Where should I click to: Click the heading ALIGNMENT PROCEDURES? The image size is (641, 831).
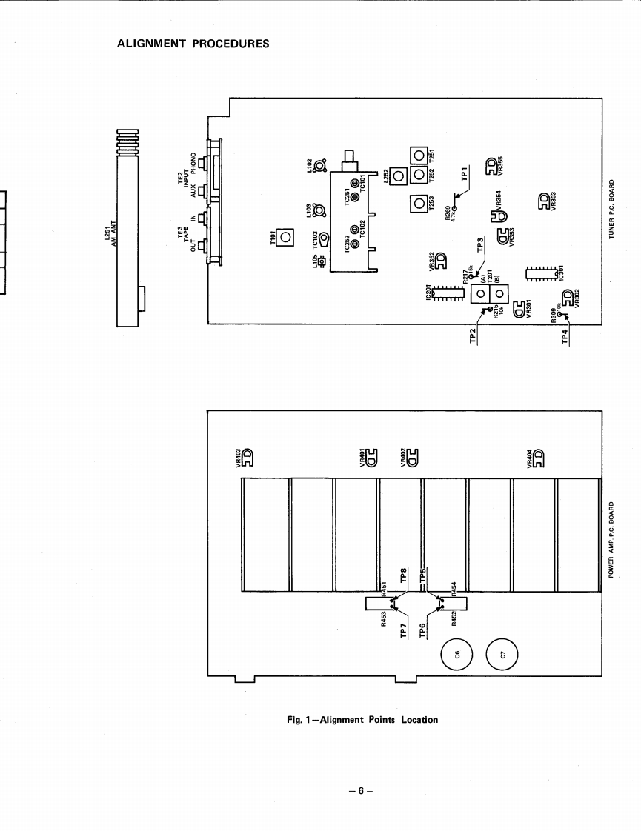tap(193, 43)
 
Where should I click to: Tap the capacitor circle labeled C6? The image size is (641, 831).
tap(457, 653)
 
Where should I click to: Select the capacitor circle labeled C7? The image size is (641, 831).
tap(502, 654)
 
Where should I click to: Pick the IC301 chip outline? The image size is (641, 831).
tap(541, 273)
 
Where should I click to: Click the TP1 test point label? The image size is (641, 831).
tap(465, 174)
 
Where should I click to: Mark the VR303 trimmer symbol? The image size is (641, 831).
tap(543, 200)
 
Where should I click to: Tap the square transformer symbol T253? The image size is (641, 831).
tap(419, 202)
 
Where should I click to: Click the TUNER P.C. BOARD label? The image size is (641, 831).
tap(612, 209)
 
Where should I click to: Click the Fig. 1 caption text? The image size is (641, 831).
tap(362, 719)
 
